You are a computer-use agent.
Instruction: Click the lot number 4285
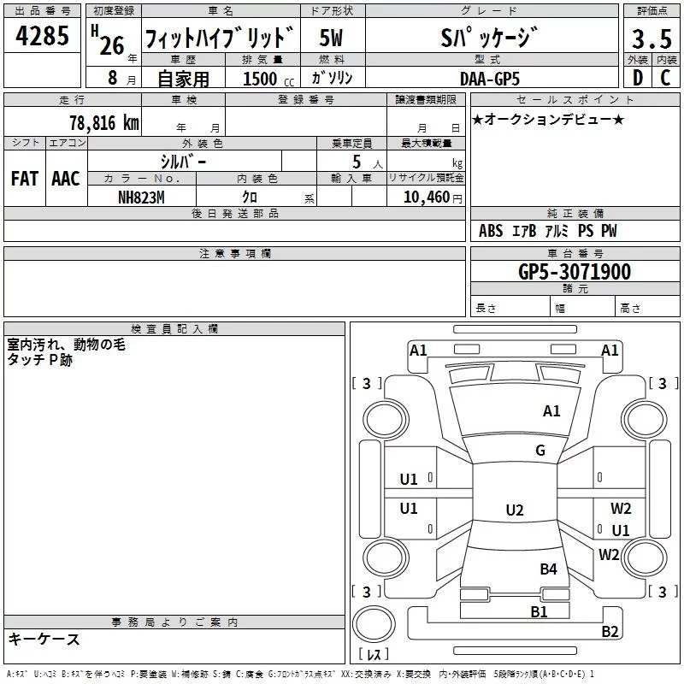point(42,35)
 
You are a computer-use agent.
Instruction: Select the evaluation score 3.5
point(652,38)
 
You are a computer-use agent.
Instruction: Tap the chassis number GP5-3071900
point(575,271)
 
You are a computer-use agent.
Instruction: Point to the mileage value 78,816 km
point(104,123)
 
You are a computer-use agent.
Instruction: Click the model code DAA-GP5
point(490,79)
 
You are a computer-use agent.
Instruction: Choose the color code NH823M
point(141,198)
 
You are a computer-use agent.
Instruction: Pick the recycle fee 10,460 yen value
point(433,198)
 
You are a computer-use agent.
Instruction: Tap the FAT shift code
point(25,179)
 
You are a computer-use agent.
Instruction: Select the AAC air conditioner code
point(66,179)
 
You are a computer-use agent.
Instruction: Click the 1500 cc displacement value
point(268,79)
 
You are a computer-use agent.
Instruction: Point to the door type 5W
point(331,38)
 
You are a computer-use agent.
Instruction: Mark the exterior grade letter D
point(638,78)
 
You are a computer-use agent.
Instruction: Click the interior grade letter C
point(665,78)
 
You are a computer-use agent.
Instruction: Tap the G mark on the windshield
point(540,450)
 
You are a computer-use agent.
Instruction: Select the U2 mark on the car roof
point(515,510)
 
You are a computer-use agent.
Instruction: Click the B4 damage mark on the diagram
point(548,569)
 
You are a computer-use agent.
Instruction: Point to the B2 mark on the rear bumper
point(610,631)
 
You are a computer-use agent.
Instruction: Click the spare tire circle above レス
point(374,624)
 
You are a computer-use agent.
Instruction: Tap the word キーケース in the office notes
point(44,640)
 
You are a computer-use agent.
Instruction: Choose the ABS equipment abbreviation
point(491,231)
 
